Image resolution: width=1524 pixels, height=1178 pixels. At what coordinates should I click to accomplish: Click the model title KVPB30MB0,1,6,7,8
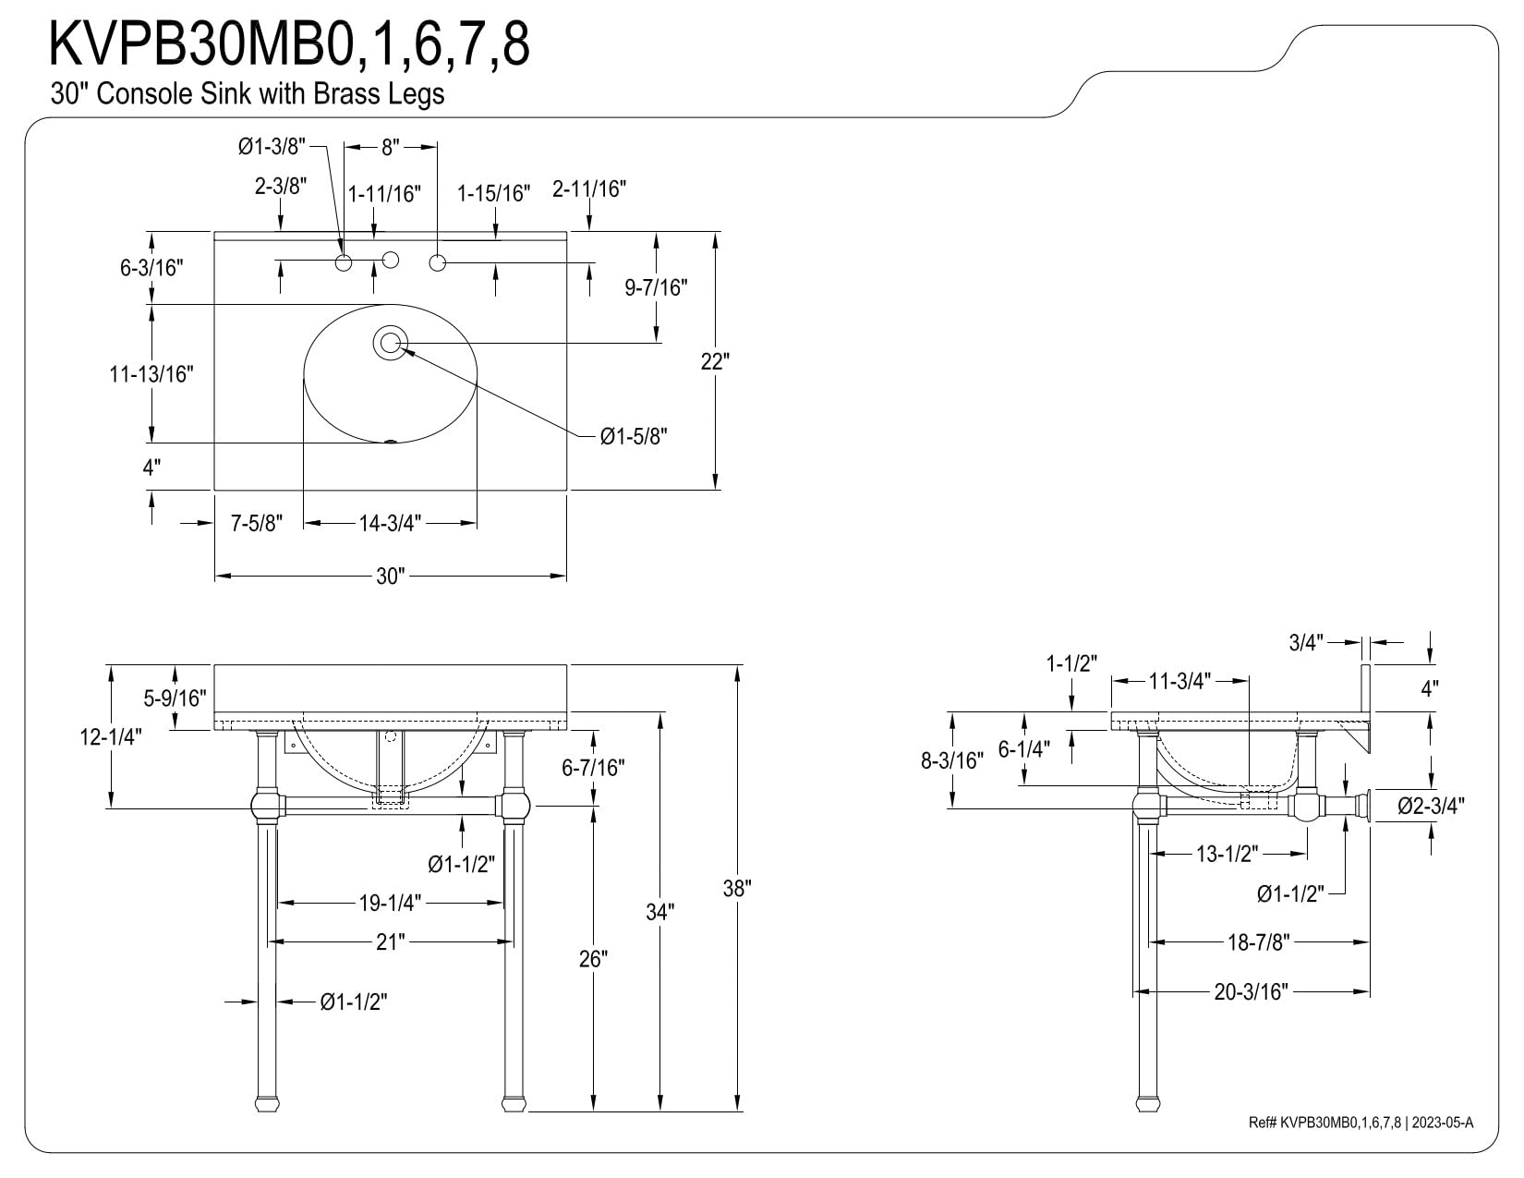click(x=289, y=44)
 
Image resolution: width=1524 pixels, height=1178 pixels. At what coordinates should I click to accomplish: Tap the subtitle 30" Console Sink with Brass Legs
click(x=248, y=94)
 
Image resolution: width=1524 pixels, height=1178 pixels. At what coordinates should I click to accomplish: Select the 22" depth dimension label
click(x=715, y=361)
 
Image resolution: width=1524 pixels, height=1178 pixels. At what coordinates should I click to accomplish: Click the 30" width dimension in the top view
click(x=390, y=577)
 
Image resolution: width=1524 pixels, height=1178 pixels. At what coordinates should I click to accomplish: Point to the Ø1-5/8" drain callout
click(x=634, y=436)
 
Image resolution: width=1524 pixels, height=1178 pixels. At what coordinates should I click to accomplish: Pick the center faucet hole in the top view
click(x=390, y=260)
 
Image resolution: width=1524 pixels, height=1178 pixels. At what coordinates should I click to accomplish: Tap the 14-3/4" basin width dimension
click(x=390, y=524)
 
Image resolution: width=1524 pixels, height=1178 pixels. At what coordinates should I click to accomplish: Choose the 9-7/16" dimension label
click(x=657, y=288)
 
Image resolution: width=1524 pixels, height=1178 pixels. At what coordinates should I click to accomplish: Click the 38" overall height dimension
click(x=737, y=888)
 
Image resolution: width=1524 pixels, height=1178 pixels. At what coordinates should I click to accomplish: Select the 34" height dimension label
click(x=659, y=912)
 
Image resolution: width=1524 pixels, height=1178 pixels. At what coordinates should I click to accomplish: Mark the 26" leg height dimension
click(x=593, y=959)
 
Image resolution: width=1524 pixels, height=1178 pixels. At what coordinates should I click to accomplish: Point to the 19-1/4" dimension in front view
click(x=390, y=903)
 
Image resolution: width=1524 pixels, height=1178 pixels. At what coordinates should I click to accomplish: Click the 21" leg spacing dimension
click(x=390, y=941)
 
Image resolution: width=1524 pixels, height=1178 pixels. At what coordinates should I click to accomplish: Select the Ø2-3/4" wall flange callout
click(x=1431, y=807)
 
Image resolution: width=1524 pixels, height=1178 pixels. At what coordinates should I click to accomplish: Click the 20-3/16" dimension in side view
click(x=1251, y=992)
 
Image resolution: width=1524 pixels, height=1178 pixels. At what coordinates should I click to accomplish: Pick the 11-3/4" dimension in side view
click(x=1179, y=682)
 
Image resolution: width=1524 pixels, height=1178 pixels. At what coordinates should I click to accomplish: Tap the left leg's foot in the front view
click(x=265, y=1103)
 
